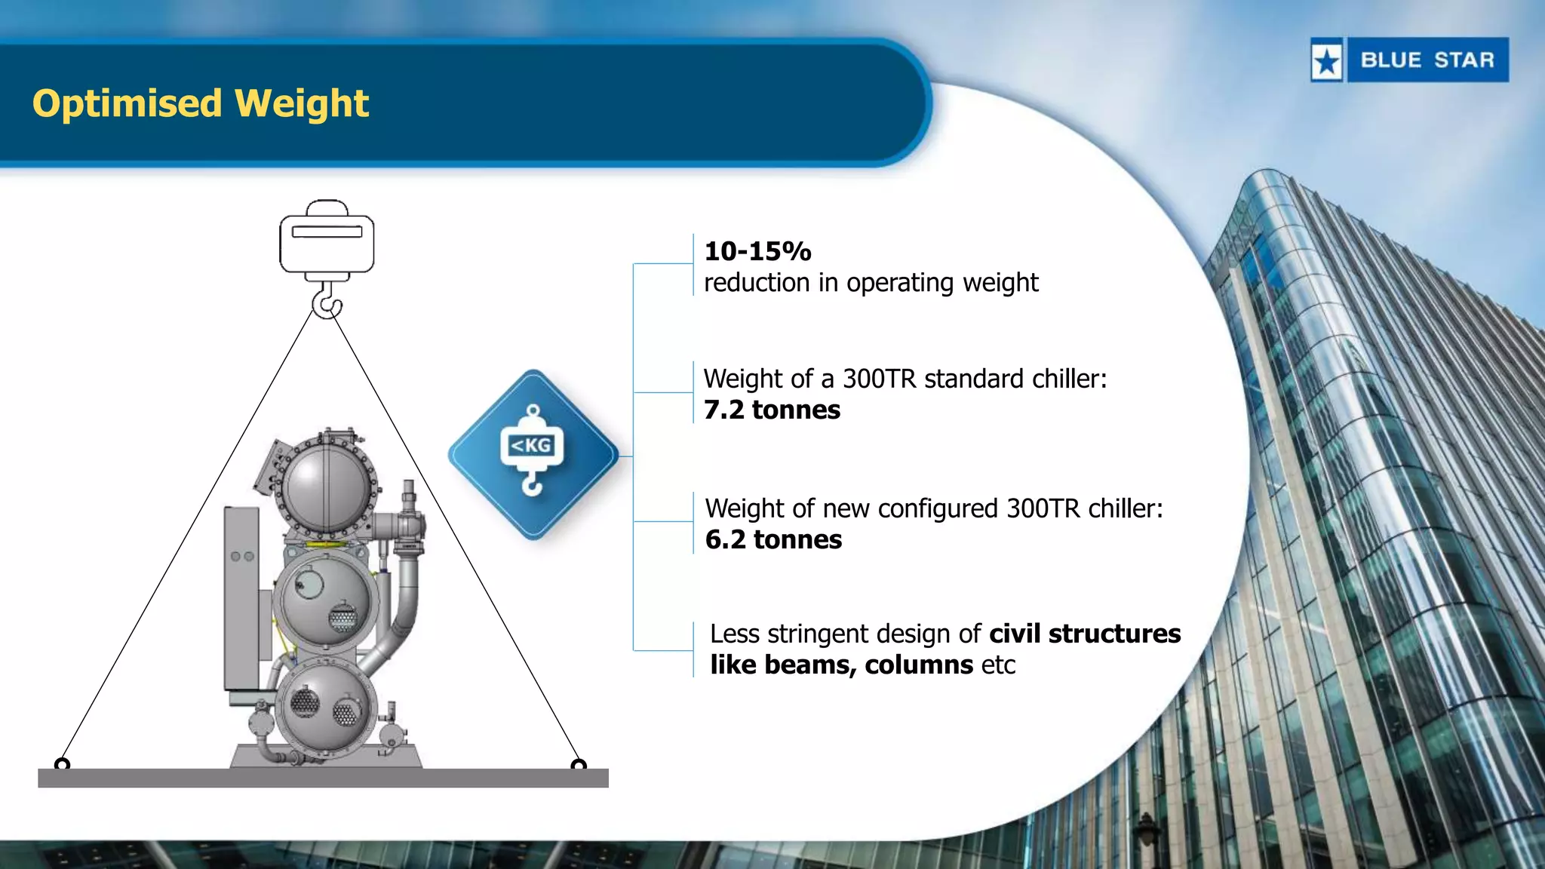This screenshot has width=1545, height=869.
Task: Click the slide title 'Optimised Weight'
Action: pos(201,103)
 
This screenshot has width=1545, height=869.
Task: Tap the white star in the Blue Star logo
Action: pos(1327,61)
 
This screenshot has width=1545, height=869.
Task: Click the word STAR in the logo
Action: pos(1464,60)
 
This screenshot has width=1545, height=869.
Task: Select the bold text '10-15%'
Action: pos(757,251)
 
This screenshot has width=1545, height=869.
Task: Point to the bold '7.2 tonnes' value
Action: pos(772,410)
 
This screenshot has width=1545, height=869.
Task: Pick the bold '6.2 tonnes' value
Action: pos(773,539)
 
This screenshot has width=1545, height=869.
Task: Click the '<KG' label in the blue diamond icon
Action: pos(532,445)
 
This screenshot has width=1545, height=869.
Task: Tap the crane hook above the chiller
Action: pos(327,302)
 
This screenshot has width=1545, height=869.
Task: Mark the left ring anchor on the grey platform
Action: pos(63,765)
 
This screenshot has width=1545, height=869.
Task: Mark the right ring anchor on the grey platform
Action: pos(579,765)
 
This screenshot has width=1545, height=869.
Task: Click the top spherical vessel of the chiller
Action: pos(326,487)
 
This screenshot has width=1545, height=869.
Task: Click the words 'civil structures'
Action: pos(1085,634)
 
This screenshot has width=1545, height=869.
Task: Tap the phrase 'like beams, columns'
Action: pos(841,665)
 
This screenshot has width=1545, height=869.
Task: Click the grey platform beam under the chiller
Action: pos(323,778)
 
